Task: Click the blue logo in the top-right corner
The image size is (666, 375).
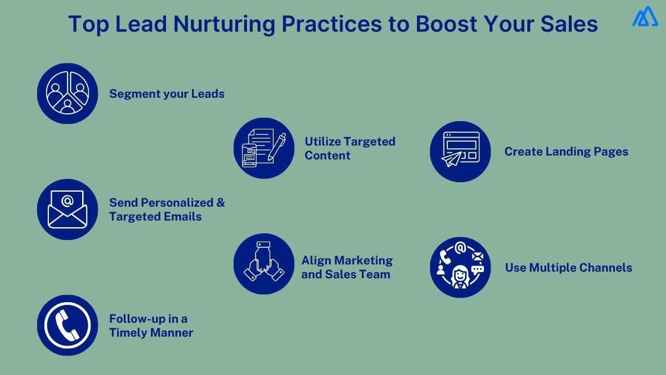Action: [645, 17]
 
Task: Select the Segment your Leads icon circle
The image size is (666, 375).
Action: [67, 93]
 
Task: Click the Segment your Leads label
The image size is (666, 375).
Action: [167, 94]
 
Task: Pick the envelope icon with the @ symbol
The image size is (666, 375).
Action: [67, 209]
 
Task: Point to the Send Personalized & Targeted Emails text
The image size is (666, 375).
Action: [167, 209]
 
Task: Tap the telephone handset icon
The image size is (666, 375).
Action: [67, 325]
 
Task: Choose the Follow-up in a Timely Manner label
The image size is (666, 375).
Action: [150, 326]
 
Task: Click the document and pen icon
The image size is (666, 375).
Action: [264, 148]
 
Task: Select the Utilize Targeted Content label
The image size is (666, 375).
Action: [350, 148]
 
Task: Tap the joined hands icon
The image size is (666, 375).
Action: [264, 264]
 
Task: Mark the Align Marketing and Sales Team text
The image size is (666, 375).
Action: [346, 267]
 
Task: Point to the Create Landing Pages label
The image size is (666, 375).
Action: [566, 152]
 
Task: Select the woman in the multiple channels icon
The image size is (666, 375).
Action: [460, 276]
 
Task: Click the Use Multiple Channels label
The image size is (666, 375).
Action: [568, 268]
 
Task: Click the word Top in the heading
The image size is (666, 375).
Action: [88, 24]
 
